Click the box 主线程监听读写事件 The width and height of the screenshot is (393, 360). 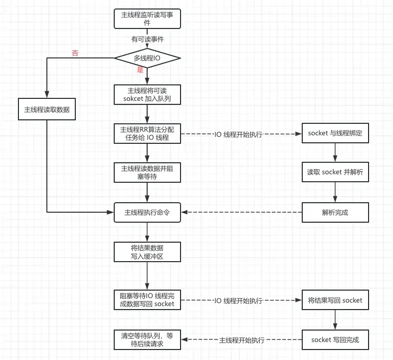[x=147, y=18]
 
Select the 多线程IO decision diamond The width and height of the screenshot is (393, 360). [x=147, y=58]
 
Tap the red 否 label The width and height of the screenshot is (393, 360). [x=75, y=53]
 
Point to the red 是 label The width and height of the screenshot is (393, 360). [x=140, y=70]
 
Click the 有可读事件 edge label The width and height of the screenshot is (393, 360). [x=147, y=38]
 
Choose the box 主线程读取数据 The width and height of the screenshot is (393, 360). [x=47, y=109]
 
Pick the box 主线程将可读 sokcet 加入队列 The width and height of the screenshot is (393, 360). [x=147, y=94]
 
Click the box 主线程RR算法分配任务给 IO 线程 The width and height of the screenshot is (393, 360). [x=147, y=133]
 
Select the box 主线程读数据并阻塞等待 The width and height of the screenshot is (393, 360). [x=147, y=172]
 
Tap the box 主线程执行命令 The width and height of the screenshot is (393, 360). [x=147, y=212]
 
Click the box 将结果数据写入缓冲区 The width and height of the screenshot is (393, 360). [x=147, y=252]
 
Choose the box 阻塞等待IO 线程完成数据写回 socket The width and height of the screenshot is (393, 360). [x=147, y=300]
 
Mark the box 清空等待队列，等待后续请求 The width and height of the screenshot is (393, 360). [x=147, y=340]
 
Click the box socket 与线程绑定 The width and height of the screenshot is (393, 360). [x=335, y=133]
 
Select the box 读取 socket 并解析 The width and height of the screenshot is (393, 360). [x=335, y=172]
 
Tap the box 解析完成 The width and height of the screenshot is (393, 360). [x=335, y=212]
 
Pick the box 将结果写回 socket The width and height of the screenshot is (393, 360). [x=335, y=300]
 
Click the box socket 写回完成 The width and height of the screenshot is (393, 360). [x=335, y=340]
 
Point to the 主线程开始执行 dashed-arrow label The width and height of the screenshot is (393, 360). [x=242, y=340]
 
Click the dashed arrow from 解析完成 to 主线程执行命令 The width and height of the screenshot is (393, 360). [x=241, y=212]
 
